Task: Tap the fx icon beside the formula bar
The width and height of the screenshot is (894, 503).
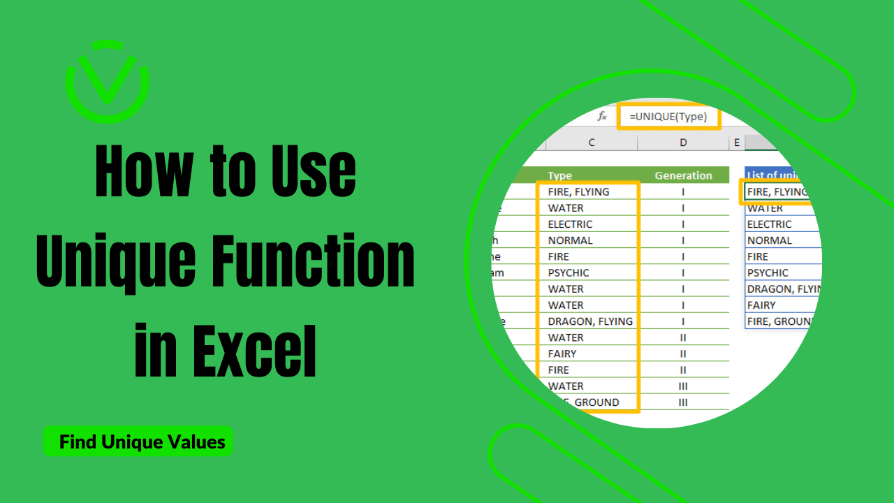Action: (602, 117)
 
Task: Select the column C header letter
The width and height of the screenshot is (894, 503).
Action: (592, 143)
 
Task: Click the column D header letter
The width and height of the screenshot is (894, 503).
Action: (683, 143)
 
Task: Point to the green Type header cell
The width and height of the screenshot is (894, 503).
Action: (560, 175)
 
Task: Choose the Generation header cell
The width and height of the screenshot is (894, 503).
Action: (683, 175)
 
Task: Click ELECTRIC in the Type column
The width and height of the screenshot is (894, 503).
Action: (570, 224)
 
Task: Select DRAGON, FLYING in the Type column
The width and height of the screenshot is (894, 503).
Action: (590, 321)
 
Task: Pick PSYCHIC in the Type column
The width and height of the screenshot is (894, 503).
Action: (569, 272)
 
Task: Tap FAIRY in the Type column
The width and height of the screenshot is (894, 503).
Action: (562, 353)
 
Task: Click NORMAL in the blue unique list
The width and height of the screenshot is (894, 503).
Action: (769, 240)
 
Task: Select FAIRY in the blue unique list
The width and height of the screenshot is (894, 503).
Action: (761, 305)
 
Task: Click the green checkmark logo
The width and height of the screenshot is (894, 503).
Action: (107, 82)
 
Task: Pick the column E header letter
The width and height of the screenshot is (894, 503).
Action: (736, 143)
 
